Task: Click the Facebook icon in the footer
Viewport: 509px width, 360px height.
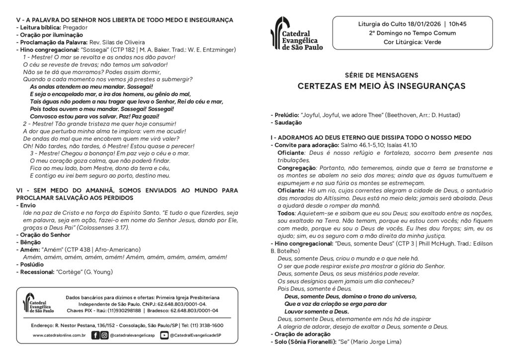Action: click(x=95, y=335)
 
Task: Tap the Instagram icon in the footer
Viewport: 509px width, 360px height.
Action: click(x=104, y=335)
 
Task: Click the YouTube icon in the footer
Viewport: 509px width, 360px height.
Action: click(x=164, y=335)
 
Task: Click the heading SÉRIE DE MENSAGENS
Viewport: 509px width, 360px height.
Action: click(x=381, y=75)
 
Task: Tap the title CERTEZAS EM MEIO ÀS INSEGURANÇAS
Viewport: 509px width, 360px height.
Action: click(x=381, y=87)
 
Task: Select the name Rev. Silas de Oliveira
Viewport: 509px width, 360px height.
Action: click(x=117, y=42)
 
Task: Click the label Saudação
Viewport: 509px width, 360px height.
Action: click(x=287, y=122)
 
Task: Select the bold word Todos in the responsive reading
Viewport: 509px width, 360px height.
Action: click(x=286, y=213)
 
